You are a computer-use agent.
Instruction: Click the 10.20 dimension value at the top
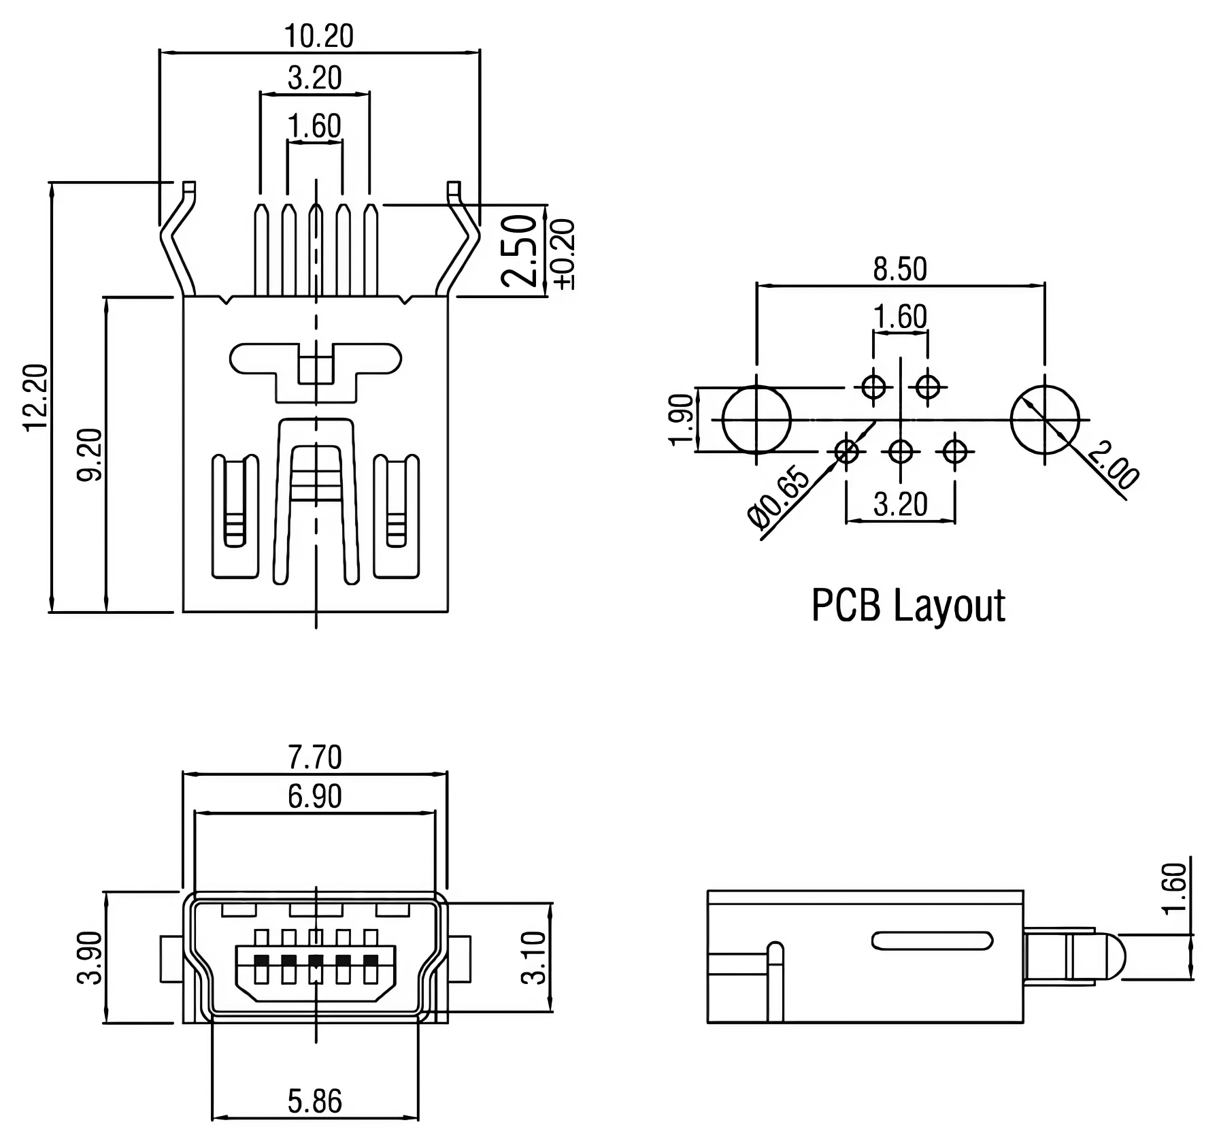[x=318, y=36]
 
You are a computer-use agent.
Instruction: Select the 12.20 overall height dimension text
[x=36, y=397]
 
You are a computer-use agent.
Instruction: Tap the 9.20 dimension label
[x=90, y=454]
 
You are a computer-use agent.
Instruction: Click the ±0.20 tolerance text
[x=564, y=254]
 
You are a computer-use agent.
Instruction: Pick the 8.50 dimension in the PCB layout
[x=899, y=269]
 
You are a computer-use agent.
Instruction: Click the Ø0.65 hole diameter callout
[x=779, y=497]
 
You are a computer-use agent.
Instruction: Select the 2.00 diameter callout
[x=1113, y=465]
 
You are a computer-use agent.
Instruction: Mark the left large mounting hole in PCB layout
[x=756, y=420]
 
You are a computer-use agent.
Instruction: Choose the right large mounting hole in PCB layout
[x=1045, y=420]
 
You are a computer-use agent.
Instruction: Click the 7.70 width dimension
[x=314, y=757]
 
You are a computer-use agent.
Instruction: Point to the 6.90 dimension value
[x=314, y=796]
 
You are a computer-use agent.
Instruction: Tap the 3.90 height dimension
[x=90, y=957]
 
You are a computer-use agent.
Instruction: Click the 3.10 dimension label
[x=534, y=957]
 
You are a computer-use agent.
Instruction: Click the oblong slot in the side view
[x=932, y=940]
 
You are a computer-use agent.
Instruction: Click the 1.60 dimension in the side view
[x=1175, y=888]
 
